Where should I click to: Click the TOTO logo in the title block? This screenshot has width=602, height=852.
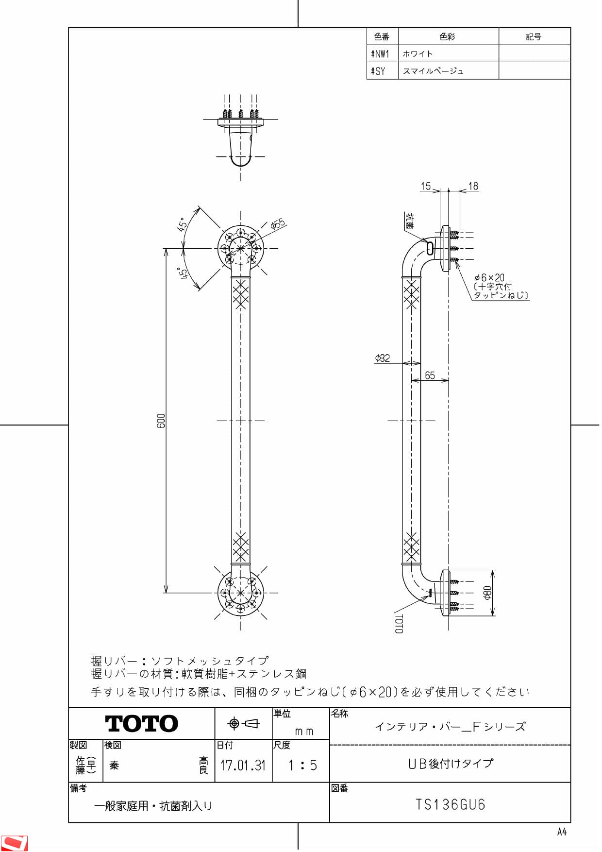(x=141, y=724)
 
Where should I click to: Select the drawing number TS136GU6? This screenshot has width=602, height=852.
(x=450, y=805)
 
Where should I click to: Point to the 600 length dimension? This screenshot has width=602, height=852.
(x=161, y=421)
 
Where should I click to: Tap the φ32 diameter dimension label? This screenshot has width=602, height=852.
(x=383, y=358)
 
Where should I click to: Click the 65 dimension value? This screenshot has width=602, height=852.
(x=430, y=375)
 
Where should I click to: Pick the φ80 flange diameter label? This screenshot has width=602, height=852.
(x=487, y=593)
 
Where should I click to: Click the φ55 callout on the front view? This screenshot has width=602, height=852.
(x=278, y=224)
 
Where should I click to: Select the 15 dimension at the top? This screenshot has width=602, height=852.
(x=426, y=186)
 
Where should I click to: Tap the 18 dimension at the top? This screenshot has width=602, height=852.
(x=473, y=186)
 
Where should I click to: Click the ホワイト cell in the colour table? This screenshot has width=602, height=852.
(x=418, y=54)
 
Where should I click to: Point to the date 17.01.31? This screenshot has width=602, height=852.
(x=243, y=766)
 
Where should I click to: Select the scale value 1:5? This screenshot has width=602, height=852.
(x=302, y=766)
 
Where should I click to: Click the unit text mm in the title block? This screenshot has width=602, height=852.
(x=304, y=732)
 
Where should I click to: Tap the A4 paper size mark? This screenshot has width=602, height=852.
(x=562, y=832)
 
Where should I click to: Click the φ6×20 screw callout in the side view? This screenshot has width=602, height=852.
(x=490, y=278)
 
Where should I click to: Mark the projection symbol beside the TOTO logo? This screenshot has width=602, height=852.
(x=244, y=723)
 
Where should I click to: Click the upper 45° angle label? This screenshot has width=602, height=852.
(x=182, y=224)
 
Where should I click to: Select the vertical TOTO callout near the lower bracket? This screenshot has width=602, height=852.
(x=399, y=624)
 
